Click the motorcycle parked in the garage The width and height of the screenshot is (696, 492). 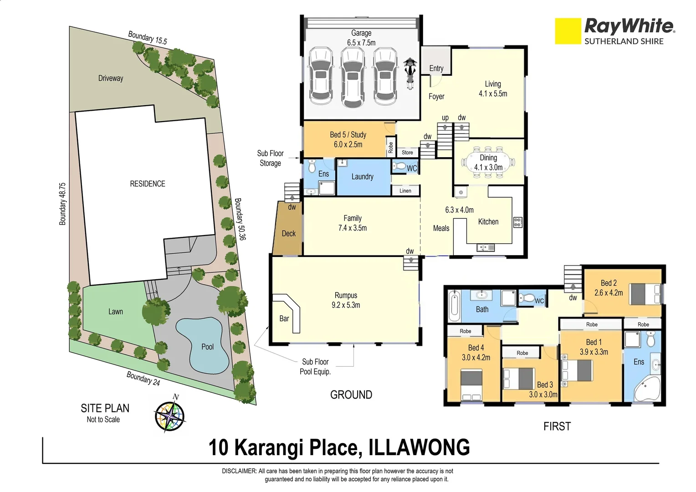pyautogui.click(x=410, y=73)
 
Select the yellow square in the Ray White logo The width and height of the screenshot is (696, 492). pyautogui.click(x=568, y=31)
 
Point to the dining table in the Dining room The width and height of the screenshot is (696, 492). pyautogui.click(x=488, y=163)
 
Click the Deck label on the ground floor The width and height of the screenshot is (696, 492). pyautogui.click(x=288, y=233)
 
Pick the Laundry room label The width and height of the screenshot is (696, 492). pyautogui.click(x=362, y=177)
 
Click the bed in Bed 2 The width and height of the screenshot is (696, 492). pyautogui.click(x=645, y=293)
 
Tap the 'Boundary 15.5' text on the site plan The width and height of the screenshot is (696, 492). pyautogui.click(x=147, y=38)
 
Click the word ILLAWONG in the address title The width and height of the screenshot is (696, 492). pyautogui.click(x=419, y=447)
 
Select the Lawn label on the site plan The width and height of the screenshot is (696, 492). pyautogui.click(x=115, y=312)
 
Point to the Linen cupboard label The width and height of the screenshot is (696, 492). pyautogui.click(x=405, y=191)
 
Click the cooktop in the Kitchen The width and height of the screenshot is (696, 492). pyautogui.click(x=518, y=222)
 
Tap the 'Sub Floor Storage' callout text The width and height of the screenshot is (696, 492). pyautogui.click(x=270, y=158)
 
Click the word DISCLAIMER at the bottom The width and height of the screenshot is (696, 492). pyautogui.click(x=239, y=471)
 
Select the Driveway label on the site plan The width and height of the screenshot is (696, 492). pyautogui.click(x=111, y=78)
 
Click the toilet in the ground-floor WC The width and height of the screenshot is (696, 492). pyautogui.click(x=399, y=167)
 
